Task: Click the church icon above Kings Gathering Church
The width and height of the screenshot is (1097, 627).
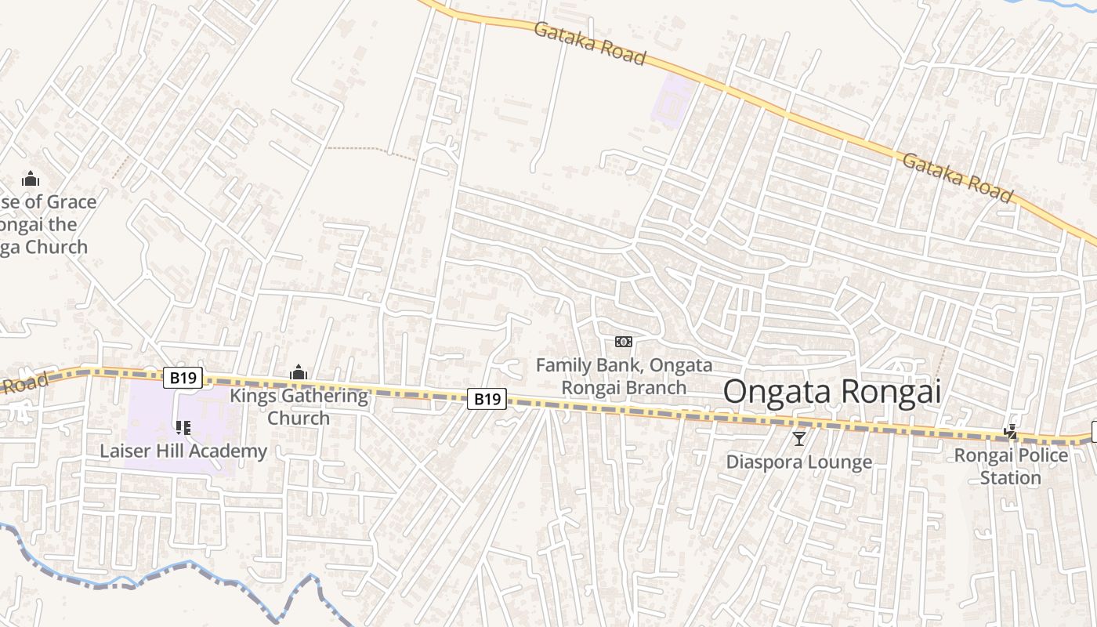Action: pos(298,372)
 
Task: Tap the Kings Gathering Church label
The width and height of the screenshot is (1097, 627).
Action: pos(298,406)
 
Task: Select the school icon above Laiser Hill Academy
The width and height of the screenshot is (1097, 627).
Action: pos(183,428)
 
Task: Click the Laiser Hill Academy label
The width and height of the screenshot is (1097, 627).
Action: pos(183,451)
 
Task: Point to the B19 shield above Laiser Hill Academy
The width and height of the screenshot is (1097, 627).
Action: pos(183,378)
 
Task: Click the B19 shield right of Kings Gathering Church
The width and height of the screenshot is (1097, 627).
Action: pos(487,399)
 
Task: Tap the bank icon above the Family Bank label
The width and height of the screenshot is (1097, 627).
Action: pos(624,342)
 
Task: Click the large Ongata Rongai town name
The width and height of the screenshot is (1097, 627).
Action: pos(831,391)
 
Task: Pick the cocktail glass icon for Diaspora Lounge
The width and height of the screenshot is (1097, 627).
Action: pos(798,439)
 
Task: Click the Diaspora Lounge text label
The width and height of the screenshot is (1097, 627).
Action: pos(798,462)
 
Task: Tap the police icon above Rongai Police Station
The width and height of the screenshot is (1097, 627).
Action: pos(1011,432)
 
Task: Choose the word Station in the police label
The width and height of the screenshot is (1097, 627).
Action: pos(1011,477)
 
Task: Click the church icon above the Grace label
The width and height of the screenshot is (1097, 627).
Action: pos(31,179)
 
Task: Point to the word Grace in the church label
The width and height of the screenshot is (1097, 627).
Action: pos(71,202)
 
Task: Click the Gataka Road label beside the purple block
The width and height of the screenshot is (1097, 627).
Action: pos(590,43)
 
